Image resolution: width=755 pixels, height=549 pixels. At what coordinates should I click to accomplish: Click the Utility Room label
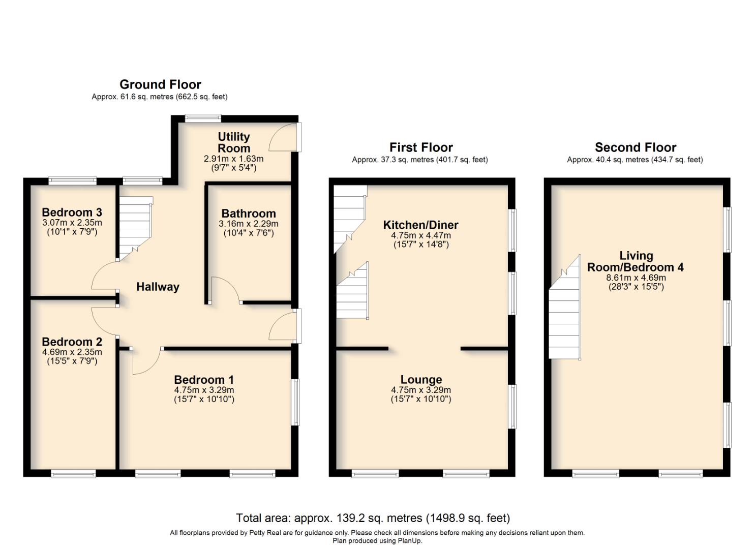point(234,143)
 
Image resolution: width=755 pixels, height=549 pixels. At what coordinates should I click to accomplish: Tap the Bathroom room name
point(248,213)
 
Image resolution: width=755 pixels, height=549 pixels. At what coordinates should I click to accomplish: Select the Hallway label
point(158,287)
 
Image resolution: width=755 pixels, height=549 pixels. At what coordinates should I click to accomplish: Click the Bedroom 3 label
point(72,212)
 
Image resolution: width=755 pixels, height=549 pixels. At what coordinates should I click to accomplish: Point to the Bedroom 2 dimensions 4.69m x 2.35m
point(72,352)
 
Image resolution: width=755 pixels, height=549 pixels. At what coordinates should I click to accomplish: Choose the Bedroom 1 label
point(204,380)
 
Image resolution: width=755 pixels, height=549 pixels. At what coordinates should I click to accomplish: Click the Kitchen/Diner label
point(420,225)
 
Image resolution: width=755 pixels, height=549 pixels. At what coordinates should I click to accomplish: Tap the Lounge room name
point(421,380)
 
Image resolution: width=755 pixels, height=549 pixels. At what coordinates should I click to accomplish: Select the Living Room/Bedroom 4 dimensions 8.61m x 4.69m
point(636,278)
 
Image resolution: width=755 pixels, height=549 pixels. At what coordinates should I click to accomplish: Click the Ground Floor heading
point(160,84)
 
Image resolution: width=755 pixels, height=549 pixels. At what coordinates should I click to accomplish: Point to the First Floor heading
point(420,147)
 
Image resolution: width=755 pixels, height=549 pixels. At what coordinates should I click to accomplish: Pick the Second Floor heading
point(635,147)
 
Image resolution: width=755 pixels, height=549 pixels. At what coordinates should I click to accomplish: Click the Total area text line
point(373,518)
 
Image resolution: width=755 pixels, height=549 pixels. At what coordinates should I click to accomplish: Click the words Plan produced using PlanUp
point(377,541)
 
